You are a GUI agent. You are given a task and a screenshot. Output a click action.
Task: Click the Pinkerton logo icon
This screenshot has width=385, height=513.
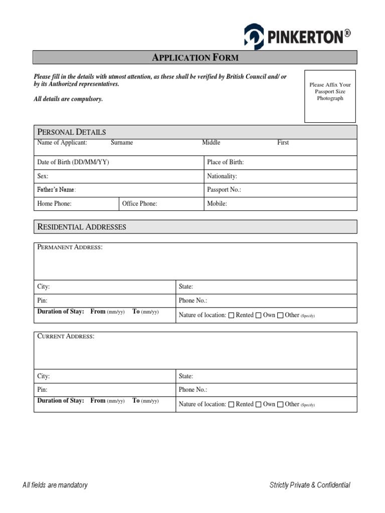253,37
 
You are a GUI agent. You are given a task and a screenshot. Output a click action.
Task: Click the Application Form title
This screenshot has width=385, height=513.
195,58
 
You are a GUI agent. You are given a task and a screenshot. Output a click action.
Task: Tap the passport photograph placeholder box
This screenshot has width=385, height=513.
330,96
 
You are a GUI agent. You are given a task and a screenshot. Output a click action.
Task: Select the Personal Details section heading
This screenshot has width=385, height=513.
72,132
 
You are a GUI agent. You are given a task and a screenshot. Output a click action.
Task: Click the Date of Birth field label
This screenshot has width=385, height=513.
73,162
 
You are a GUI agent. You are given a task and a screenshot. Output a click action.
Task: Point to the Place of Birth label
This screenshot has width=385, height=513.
225,162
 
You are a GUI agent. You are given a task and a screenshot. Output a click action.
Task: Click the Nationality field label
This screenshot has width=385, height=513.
222,176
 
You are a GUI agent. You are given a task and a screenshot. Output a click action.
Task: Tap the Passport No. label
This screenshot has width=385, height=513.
224,190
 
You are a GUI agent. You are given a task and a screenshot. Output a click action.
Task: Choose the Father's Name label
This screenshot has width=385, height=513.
56,190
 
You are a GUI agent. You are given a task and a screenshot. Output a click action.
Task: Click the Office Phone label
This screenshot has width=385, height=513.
139,204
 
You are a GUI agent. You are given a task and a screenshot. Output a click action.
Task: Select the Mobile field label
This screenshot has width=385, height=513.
217,204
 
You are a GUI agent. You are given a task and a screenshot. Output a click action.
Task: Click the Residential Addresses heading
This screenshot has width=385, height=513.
82,227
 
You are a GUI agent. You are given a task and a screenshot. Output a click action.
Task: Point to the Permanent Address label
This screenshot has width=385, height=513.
70,247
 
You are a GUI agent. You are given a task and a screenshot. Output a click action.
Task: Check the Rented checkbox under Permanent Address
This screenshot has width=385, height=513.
231,316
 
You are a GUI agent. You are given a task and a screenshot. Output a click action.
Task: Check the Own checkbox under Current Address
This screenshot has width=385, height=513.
259,404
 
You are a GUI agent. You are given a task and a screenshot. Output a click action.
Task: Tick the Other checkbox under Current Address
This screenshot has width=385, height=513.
280,404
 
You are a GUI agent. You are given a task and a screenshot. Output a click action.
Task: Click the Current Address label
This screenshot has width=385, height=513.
66,336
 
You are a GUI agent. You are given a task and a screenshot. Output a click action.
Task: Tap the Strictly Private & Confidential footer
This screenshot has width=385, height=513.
310,485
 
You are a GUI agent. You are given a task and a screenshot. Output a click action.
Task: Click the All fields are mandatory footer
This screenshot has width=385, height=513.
55,485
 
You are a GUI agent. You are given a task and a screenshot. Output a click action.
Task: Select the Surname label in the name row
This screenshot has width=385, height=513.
122,143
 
